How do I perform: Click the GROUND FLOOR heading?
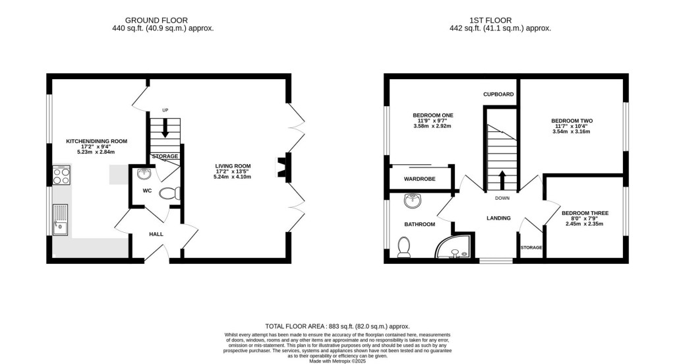coord(163,20)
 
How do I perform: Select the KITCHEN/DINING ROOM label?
coord(96,141)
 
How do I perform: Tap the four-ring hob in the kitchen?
coord(61,177)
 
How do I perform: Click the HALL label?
coord(156,234)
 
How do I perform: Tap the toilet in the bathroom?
coord(404,247)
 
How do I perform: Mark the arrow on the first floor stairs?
coord(502,179)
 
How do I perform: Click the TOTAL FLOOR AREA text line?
coord(337,326)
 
